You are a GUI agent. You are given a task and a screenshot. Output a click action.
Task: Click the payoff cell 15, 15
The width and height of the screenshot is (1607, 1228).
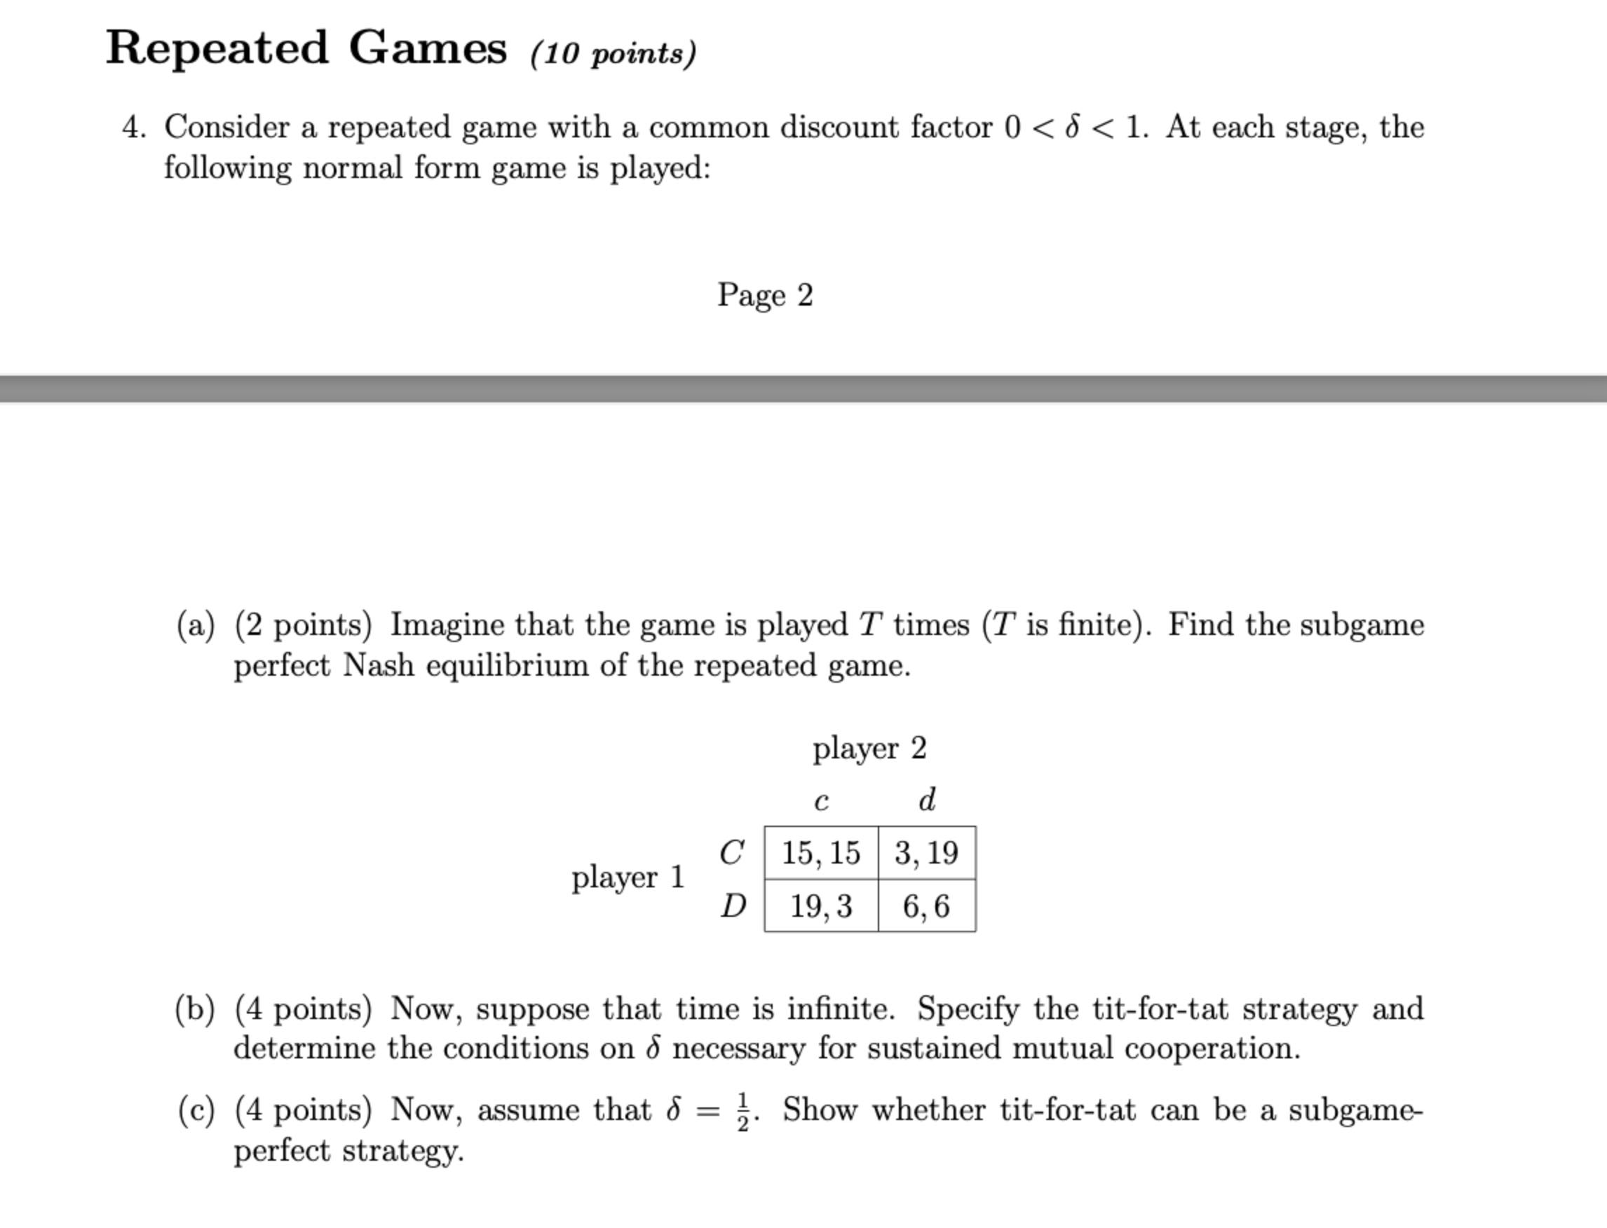(820, 853)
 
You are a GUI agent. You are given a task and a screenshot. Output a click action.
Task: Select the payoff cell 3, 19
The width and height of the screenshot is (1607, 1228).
(926, 853)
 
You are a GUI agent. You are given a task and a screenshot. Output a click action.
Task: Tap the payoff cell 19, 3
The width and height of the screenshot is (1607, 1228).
(820, 906)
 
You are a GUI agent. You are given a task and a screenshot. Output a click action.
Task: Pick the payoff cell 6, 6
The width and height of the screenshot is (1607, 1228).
(926, 906)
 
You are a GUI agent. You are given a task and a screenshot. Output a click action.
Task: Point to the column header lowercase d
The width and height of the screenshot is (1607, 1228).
(926, 800)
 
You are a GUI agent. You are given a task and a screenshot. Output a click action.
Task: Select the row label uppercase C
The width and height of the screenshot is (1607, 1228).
(732, 852)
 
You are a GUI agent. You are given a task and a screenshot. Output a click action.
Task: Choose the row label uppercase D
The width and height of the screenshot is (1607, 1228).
(733, 906)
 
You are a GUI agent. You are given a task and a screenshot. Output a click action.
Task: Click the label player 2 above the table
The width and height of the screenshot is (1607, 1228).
(869, 749)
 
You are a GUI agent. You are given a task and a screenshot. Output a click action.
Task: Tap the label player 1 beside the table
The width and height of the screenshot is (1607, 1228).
(628, 877)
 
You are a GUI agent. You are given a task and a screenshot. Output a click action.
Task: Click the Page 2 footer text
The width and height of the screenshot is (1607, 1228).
(765, 295)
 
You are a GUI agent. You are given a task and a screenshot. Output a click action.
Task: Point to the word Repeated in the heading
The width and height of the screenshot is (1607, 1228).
(217, 48)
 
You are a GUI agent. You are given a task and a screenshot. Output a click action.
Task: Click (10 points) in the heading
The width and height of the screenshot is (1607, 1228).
(613, 53)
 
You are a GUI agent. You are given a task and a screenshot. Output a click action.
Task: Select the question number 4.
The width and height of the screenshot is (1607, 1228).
(134, 128)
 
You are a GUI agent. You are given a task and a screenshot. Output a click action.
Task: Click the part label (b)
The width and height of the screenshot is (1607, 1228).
(195, 1009)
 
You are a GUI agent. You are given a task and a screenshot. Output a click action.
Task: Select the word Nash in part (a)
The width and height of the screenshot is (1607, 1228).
(378, 666)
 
